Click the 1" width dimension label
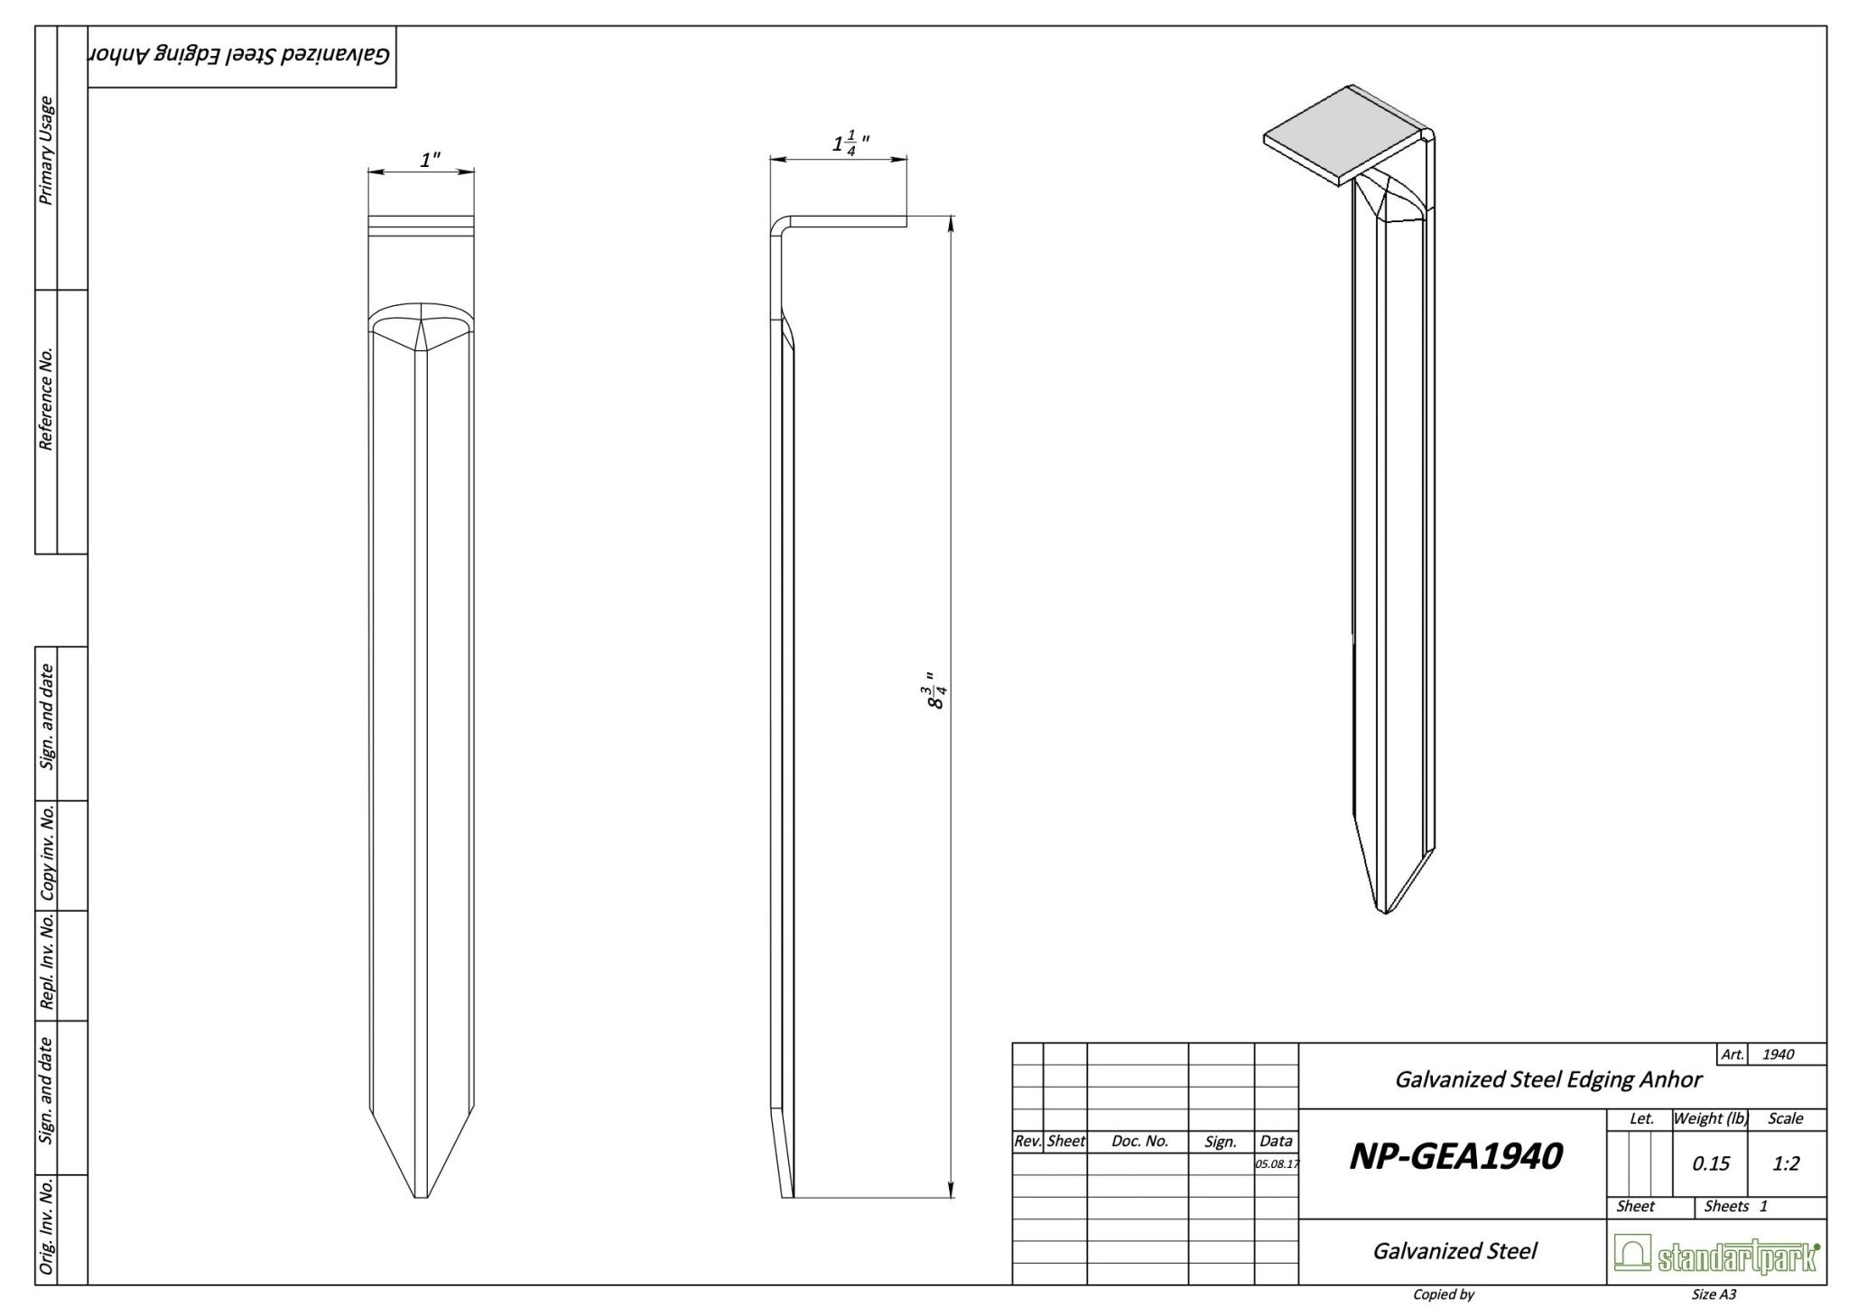tap(430, 160)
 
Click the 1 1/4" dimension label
tap(850, 144)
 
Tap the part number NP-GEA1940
tap(1454, 1156)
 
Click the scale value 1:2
tap(1785, 1163)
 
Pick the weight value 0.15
tap(1710, 1163)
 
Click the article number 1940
tap(1778, 1054)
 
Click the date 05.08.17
tap(1276, 1163)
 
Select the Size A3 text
tap(1714, 1294)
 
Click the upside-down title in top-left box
tap(240, 56)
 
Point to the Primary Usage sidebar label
tap(46, 151)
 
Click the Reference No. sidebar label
tap(46, 397)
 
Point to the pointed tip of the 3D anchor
tap(1384, 910)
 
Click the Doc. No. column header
tap(1139, 1141)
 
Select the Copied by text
tap(1443, 1294)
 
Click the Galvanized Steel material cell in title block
tap(1454, 1251)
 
